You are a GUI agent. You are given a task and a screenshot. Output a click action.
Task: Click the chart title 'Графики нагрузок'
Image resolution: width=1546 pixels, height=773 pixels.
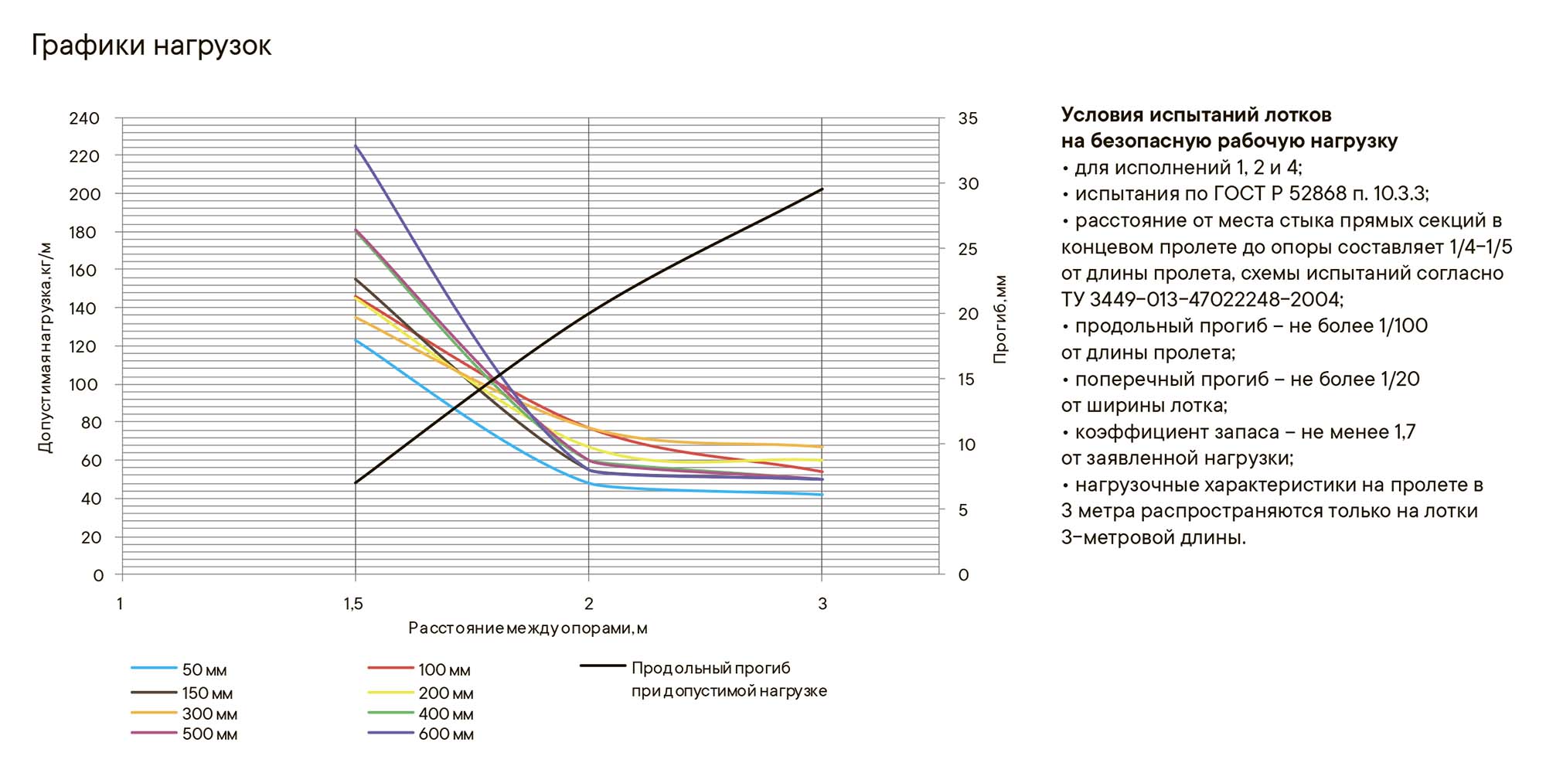click(x=152, y=46)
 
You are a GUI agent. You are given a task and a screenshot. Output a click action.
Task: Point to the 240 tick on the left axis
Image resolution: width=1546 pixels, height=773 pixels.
click(x=84, y=118)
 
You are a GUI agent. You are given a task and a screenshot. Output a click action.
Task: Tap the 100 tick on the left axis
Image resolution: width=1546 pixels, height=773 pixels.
click(x=84, y=384)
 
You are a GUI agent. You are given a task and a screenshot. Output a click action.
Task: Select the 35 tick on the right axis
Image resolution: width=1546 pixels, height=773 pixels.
click(x=968, y=118)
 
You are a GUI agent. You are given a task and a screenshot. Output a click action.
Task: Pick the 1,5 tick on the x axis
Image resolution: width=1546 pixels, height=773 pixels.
click(x=353, y=604)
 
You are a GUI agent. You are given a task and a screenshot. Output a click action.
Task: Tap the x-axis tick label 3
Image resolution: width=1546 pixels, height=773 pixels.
click(x=822, y=604)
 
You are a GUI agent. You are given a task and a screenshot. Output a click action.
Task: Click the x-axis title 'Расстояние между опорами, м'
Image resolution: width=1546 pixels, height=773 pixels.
click(x=527, y=628)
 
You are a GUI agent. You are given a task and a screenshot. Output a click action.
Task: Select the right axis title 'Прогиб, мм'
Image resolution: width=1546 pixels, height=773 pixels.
click(x=1000, y=319)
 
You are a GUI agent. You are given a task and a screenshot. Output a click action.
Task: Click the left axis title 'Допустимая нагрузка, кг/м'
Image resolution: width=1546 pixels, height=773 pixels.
click(x=45, y=347)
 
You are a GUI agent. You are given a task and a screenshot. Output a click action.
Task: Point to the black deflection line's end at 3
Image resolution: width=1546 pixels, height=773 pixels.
click(x=822, y=189)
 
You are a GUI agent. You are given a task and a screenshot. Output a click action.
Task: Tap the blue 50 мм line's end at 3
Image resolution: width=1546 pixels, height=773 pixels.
click(x=822, y=495)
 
